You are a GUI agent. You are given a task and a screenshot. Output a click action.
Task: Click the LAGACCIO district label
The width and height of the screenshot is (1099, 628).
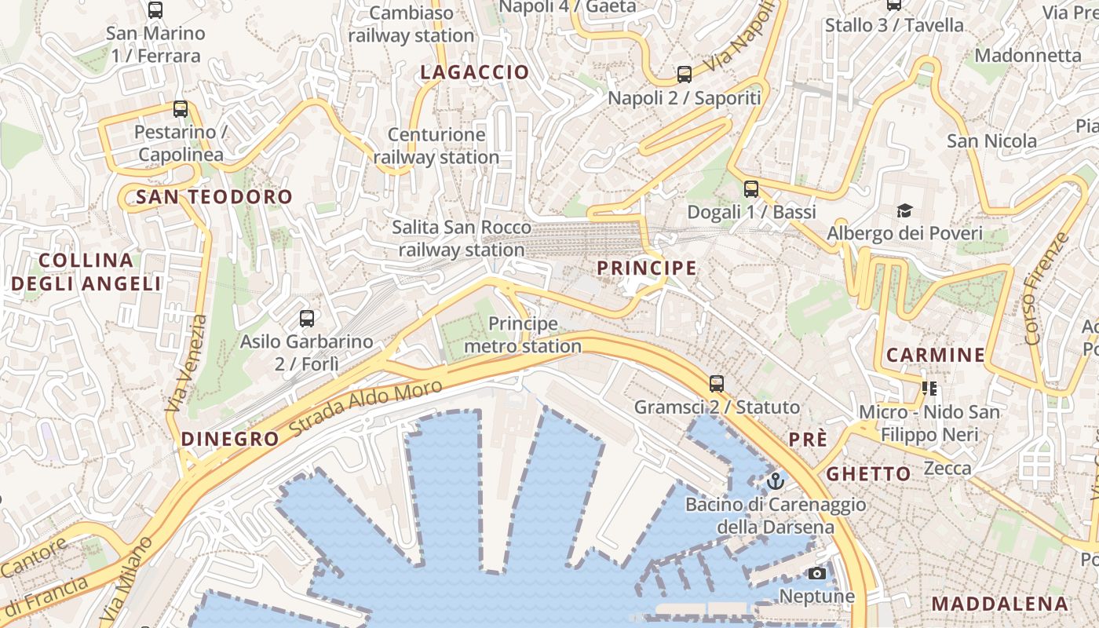(475, 72)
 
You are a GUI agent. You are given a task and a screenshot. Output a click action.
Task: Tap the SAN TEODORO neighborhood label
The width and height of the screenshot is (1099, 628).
(214, 197)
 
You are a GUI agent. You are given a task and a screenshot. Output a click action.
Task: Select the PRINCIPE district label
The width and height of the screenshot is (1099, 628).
(646, 268)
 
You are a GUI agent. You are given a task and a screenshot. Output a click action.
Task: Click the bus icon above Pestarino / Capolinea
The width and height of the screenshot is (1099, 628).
(181, 109)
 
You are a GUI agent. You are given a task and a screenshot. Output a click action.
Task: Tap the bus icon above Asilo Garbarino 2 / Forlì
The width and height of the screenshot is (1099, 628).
(307, 319)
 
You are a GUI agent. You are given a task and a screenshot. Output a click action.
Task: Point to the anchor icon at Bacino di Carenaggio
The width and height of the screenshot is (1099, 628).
(776, 480)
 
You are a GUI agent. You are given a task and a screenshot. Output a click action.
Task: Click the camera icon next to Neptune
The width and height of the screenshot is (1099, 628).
(817, 573)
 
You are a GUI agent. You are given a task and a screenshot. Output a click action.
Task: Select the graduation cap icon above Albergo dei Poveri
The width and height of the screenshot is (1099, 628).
(904, 210)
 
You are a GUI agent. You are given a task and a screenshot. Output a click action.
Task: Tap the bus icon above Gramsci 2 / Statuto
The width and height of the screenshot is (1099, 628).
(717, 384)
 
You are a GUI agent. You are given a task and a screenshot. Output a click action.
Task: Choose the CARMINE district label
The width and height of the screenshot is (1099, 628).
(936, 355)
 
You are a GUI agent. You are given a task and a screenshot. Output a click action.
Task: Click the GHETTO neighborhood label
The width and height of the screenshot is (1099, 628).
(868, 474)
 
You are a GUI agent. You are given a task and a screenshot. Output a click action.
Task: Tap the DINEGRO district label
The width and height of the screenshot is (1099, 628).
(230, 439)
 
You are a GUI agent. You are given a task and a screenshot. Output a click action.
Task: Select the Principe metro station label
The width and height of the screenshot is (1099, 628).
(523, 334)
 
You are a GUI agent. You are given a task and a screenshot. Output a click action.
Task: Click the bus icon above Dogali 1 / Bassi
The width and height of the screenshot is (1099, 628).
(751, 188)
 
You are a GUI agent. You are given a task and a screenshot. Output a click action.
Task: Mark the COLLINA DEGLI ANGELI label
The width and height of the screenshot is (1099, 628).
(86, 272)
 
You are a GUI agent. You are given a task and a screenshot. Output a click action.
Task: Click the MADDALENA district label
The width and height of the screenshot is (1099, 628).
(1000, 604)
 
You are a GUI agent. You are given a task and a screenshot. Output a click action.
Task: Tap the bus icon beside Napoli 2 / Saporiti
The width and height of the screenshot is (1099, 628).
(685, 75)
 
